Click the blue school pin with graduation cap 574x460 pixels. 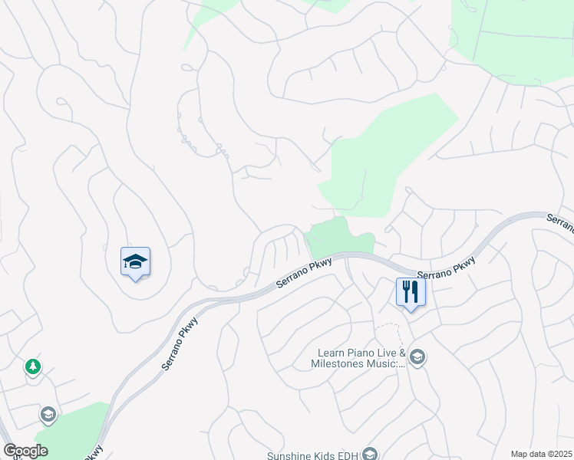[x=135, y=262]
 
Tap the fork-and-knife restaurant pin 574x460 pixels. [x=411, y=292]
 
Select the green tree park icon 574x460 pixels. [x=32, y=366]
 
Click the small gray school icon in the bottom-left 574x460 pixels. [x=48, y=416]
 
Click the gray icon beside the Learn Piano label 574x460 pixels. [x=417, y=357]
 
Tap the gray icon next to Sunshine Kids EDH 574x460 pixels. [x=370, y=455]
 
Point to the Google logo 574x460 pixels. [x=26, y=451]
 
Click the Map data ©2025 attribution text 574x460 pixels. [x=541, y=454]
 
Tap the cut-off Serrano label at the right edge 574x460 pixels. [x=561, y=223]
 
